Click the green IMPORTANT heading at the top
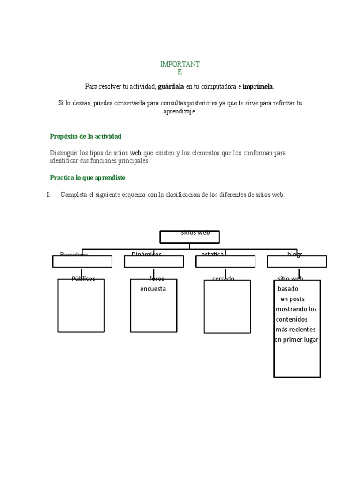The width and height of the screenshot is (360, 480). [180, 64]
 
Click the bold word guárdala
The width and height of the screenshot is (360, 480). [171, 87]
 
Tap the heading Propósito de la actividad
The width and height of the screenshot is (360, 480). [86, 136]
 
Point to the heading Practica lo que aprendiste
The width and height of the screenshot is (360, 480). [88, 178]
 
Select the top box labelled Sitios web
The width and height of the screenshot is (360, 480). [189, 237]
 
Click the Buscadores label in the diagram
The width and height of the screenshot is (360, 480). [74, 255]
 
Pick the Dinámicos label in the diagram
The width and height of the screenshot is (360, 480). [146, 254]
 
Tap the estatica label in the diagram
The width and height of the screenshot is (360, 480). [212, 254]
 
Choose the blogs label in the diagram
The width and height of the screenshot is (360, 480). [295, 254]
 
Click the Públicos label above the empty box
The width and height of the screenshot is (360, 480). [83, 278]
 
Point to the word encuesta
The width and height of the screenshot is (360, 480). [153, 289]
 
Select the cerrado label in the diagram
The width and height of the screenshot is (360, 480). [223, 278]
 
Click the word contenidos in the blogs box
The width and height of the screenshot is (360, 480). [292, 319]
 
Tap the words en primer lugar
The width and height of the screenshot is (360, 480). [296, 340]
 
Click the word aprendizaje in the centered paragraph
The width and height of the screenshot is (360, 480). [180, 112]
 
